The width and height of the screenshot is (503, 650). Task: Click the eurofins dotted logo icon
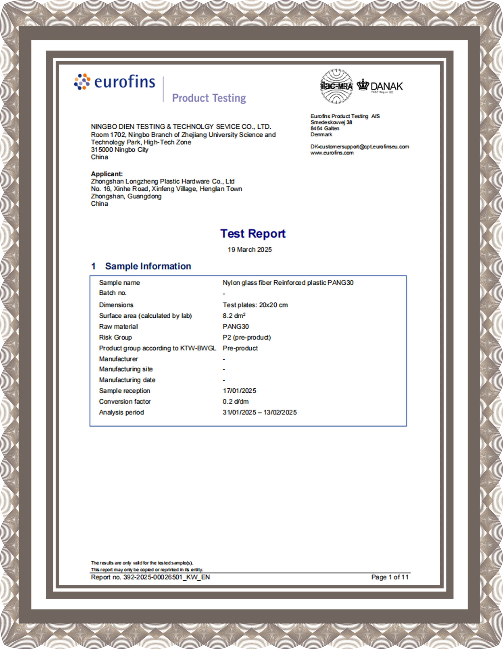click(82, 82)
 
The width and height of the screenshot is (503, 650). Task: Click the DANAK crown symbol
click(363, 85)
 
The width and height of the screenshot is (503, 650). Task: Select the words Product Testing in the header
click(209, 98)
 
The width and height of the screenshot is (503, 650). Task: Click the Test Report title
click(253, 234)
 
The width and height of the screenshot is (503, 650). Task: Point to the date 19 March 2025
click(250, 250)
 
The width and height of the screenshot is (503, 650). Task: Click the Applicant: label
click(107, 174)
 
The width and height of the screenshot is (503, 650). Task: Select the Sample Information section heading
click(148, 266)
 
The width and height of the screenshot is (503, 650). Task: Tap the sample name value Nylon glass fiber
click(288, 283)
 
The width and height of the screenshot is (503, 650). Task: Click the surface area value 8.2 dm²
click(234, 316)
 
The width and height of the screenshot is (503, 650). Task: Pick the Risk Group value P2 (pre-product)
click(247, 337)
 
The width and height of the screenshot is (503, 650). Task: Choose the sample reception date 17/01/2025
click(239, 391)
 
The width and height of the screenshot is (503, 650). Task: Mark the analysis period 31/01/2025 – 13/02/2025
click(259, 412)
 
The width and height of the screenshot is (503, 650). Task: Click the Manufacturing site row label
click(126, 369)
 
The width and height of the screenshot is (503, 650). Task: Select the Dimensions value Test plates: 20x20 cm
click(255, 305)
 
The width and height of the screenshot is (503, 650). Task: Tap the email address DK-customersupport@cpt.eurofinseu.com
click(359, 147)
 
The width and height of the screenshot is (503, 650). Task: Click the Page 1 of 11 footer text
click(390, 577)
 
